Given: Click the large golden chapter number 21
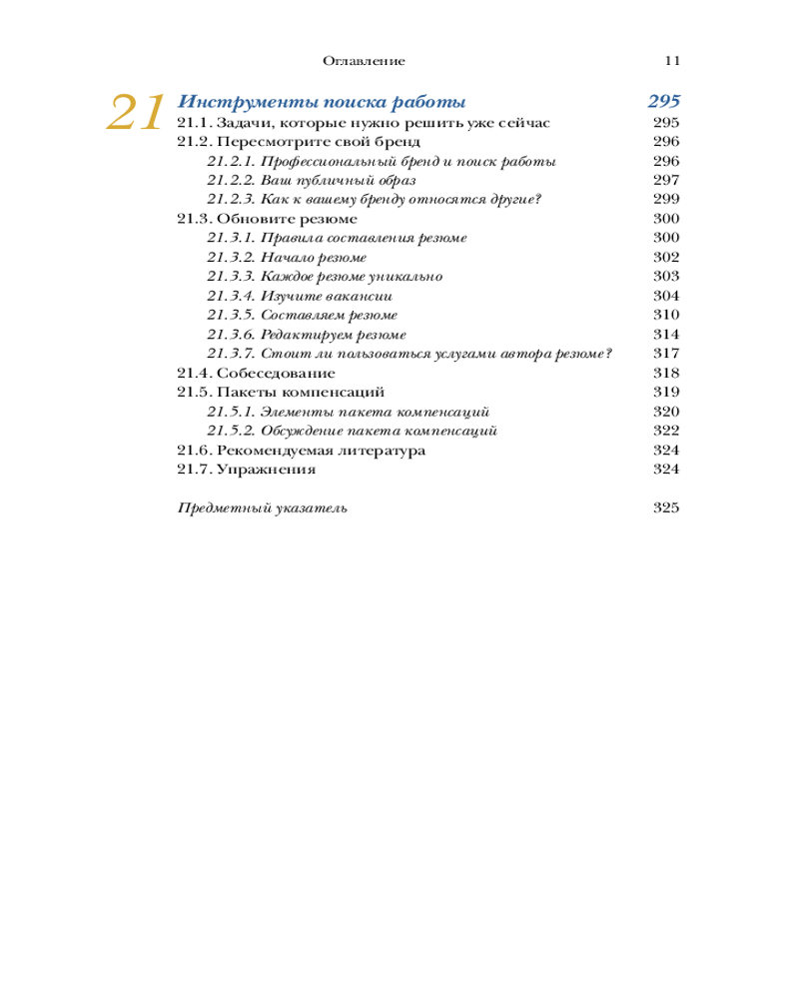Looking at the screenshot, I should pyautogui.click(x=135, y=113).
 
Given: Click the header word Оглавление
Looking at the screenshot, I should pyautogui.click(x=364, y=61).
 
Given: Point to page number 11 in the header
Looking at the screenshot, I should pyautogui.click(x=672, y=61).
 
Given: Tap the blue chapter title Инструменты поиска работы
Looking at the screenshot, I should pyautogui.click(x=321, y=102).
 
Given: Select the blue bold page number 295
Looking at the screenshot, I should pyautogui.click(x=663, y=102).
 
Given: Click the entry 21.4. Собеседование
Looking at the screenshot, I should pyautogui.click(x=244, y=373).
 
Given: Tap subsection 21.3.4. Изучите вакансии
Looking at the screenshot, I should pyautogui.click(x=299, y=296).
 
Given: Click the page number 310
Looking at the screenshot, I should pyautogui.click(x=665, y=315).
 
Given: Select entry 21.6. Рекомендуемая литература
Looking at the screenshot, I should pyautogui.click(x=301, y=451).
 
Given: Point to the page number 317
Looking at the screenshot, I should pyautogui.click(x=665, y=354).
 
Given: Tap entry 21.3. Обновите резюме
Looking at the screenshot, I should pyautogui.click(x=267, y=219).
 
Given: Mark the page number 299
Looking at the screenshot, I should pyautogui.click(x=665, y=199).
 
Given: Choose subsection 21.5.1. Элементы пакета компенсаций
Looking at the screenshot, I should pyautogui.click(x=347, y=412).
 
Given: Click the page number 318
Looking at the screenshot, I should pyautogui.click(x=665, y=373).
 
